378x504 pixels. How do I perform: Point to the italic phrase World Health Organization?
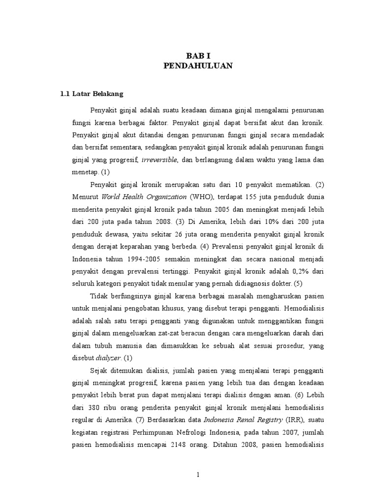click(138, 197)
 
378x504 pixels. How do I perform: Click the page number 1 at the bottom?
click(197, 475)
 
